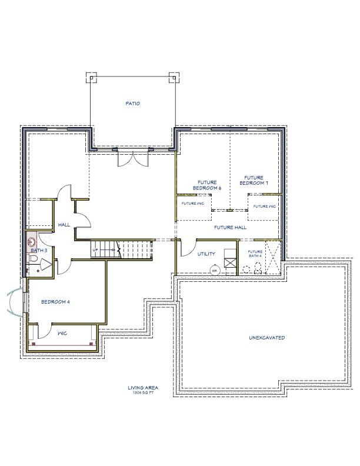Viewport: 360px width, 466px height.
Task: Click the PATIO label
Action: click(x=132, y=104)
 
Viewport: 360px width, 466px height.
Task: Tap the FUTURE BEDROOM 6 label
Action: click(x=207, y=185)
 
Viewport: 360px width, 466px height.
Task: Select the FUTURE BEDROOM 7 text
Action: click(x=254, y=180)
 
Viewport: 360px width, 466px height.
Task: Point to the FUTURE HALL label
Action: click(x=230, y=227)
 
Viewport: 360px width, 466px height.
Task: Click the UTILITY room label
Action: click(x=206, y=254)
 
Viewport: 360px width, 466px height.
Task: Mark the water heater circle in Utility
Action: click(x=215, y=270)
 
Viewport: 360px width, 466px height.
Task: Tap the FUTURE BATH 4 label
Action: click(x=255, y=254)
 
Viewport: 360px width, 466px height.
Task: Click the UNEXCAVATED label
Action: click(x=266, y=338)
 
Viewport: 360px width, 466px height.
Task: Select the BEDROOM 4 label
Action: click(x=55, y=302)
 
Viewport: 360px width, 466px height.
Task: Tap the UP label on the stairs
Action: click(x=95, y=250)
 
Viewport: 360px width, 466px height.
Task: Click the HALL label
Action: click(x=64, y=225)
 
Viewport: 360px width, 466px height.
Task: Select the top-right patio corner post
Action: click(x=173, y=76)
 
